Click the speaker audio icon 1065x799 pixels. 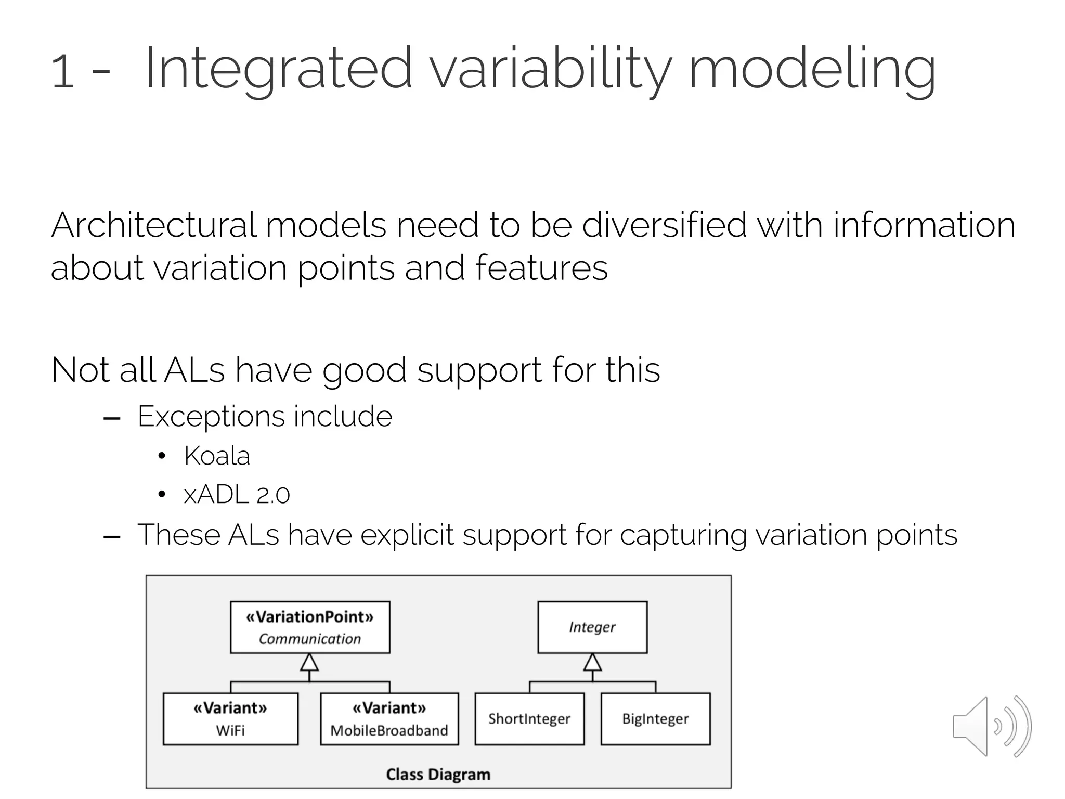[991, 726]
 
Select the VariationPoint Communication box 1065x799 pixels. [310, 627]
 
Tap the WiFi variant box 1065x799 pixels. [230, 719]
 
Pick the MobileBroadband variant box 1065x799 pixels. [389, 719]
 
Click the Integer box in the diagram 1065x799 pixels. [592, 627]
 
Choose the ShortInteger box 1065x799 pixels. [529, 719]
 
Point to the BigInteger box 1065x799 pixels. [655, 719]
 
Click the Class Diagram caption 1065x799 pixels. [438, 775]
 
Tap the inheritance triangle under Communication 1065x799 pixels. [309, 663]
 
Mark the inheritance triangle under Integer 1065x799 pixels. [592, 663]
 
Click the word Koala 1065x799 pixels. [217, 456]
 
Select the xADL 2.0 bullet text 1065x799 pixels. [237, 495]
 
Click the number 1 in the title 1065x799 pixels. [63, 71]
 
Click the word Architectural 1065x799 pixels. [153, 226]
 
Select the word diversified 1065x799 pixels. [664, 226]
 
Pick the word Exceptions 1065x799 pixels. [210, 417]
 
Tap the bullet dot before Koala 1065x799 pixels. [162, 457]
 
